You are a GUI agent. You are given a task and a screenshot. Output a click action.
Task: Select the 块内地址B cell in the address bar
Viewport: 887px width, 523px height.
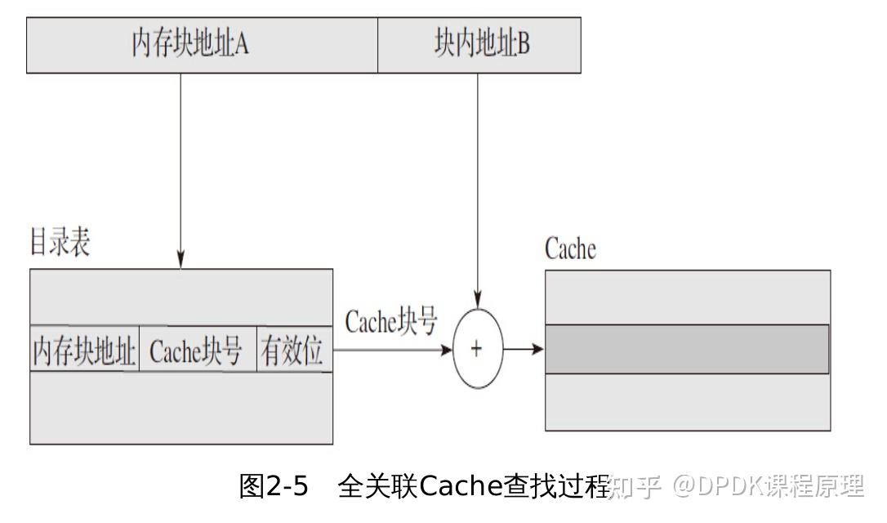pyautogui.click(x=479, y=44)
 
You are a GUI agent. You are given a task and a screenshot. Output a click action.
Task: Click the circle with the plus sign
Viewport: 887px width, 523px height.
pyautogui.click(x=477, y=349)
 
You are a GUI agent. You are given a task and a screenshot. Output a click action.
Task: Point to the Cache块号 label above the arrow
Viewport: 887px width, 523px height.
pyautogui.click(x=391, y=322)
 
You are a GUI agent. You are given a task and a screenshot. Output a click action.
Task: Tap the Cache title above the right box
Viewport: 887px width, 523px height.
pyautogui.click(x=570, y=249)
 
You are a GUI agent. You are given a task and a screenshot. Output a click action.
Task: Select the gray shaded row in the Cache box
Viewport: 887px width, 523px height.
pyautogui.click(x=688, y=349)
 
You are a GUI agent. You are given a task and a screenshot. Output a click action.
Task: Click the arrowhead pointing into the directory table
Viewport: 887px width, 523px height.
pyautogui.click(x=181, y=260)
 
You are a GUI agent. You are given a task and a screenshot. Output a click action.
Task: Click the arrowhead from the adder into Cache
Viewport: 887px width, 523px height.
pyautogui.click(x=537, y=349)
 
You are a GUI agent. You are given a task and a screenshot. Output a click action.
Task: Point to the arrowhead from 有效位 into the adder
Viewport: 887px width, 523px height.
pyautogui.click(x=446, y=349)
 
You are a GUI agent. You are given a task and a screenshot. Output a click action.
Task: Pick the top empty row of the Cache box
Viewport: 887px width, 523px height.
pyautogui.click(x=688, y=297)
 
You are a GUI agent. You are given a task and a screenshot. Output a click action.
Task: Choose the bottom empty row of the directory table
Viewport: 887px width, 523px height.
pyautogui.click(x=181, y=408)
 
